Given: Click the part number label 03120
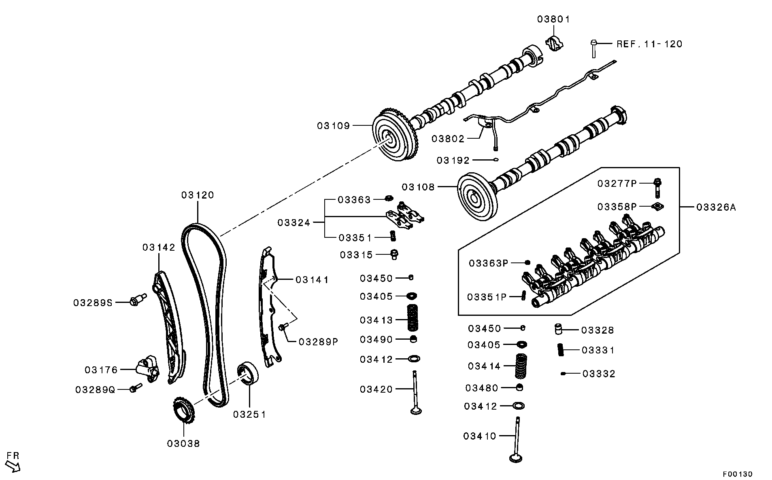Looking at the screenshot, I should click(x=198, y=195).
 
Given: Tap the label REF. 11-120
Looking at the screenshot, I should click(x=649, y=44).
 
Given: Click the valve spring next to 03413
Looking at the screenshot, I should click(x=412, y=317).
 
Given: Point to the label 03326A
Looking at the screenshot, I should click(x=716, y=208).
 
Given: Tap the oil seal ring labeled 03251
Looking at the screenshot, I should click(x=249, y=374).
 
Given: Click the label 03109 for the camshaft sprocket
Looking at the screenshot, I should click(x=333, y=126).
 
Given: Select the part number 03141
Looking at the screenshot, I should click(x=312, y=280).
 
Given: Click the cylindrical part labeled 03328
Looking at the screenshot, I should click(x=559, y=329).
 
